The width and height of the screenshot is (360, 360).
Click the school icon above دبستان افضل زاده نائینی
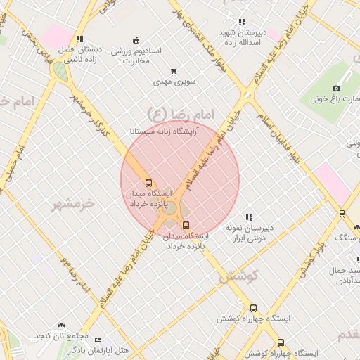(x=79, y=39)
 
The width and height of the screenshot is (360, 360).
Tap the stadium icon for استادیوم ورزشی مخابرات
(x=136, y=40)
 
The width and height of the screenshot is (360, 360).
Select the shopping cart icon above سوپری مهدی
(x=174, y=71)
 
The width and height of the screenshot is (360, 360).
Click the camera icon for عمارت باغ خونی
(x=336, y=88)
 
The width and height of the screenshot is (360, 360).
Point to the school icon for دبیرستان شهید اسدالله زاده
(x=243, y=22)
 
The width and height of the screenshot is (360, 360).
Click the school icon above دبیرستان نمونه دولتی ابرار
(x=248, y=218)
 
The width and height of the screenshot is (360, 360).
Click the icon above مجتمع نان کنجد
(x=61, y=326)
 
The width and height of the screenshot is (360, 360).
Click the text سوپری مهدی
(x=174, y=82)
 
